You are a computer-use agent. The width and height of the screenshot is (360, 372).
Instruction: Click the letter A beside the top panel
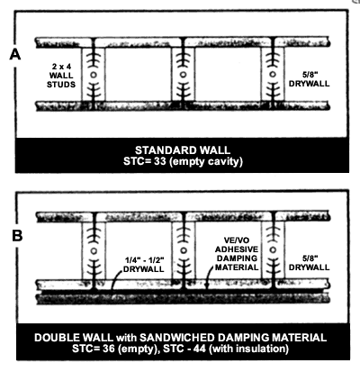[x=15, y=55]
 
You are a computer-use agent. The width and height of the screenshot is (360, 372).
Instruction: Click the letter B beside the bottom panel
[x=17, y=235]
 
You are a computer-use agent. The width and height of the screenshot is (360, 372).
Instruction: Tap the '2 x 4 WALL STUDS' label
[x=61, y=76]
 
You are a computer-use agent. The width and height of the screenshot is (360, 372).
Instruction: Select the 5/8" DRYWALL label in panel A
[x=309, y=79]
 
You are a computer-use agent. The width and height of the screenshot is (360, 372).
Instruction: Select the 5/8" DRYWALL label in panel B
[x=309, y=263]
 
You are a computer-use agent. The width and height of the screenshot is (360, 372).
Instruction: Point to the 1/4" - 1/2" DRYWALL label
[x=144, y=264]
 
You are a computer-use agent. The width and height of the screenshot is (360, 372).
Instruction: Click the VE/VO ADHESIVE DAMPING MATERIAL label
[x=237, y=254]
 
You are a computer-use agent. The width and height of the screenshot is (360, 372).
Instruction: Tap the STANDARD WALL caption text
[x=183, y=150]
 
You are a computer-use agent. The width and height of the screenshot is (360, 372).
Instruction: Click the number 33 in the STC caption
[x=160, y=161]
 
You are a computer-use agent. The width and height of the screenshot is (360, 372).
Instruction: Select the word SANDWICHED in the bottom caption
[x=177, y=338]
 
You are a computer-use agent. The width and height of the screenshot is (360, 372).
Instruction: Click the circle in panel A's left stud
[x=94, y=75]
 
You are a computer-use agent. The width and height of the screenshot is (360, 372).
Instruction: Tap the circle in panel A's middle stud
[x=183, y=75]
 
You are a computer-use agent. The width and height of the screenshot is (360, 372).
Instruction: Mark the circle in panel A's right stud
[x=273, y=74]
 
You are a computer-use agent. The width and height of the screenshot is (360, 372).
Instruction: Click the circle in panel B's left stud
[x=94, y=250]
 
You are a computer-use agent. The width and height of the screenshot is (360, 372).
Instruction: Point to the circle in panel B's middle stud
[x=184, y=250]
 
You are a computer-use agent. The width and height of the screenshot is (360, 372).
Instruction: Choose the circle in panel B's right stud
[x=273, y=250]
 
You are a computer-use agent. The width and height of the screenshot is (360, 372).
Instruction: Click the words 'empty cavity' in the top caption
[x=206, y=162]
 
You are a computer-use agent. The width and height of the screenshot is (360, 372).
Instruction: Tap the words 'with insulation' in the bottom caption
[x=248, y=349]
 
